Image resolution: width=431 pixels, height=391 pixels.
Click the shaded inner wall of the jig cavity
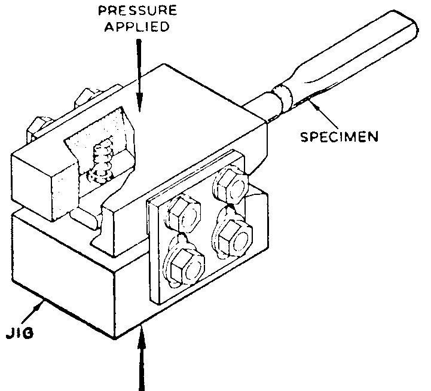click(96, 138)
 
